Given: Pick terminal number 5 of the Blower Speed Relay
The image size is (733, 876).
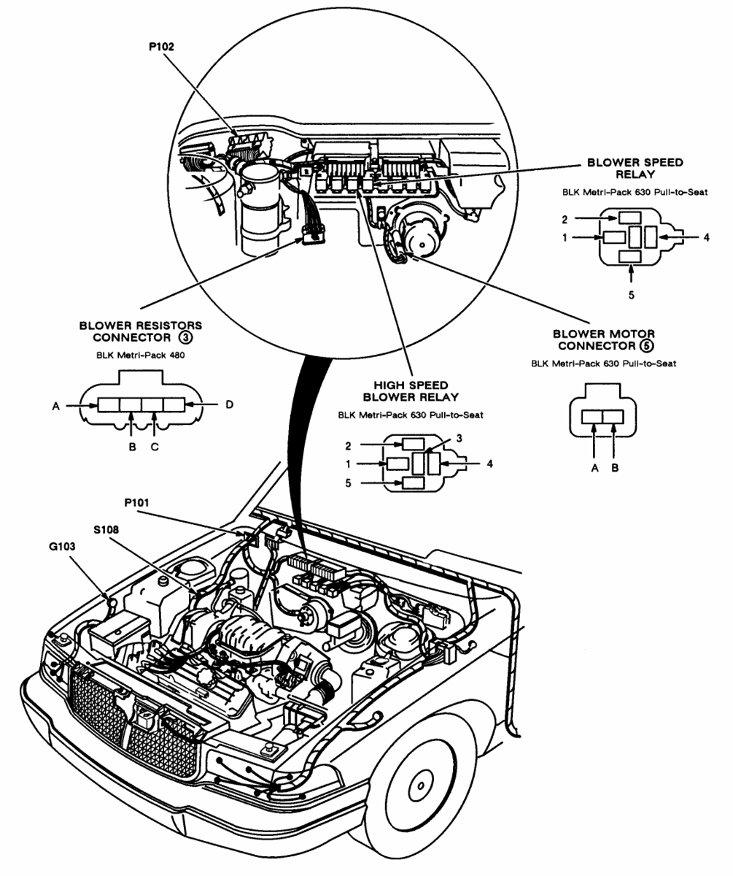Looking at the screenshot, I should (632, 294).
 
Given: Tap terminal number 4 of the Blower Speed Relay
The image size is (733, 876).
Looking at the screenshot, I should (707, 237).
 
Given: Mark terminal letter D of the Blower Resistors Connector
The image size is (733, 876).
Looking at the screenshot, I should (228, 404).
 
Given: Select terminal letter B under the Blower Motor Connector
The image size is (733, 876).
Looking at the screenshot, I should (615, 468).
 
